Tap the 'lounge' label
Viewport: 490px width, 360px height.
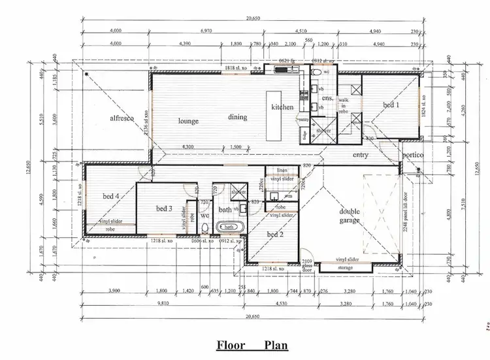(188, 121)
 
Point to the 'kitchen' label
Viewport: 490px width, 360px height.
(282, 106)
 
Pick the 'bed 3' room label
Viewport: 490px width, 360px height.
(163, 208)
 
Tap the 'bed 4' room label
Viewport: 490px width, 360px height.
(110, 195)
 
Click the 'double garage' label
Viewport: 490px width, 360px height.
(350, 216)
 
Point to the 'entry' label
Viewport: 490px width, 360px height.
(359, 155)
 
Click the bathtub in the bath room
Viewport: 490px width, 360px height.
(229, 227)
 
